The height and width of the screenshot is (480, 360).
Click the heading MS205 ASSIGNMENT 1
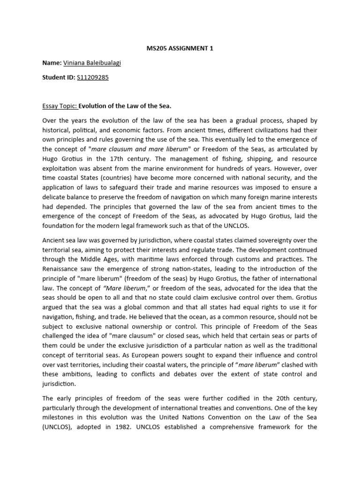[x=180, y=49]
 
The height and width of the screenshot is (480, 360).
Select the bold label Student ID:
[x=58, y=77]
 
